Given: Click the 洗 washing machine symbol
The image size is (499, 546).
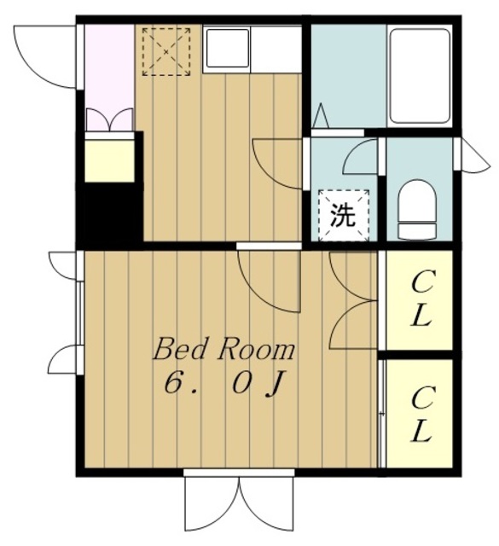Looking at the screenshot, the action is click(x=344, y=215).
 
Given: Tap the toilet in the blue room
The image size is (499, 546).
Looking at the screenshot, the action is click(x=417, y=210).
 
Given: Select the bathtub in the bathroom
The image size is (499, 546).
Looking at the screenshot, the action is click(x=419, y=76).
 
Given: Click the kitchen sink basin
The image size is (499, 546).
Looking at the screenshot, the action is click(x=228, y=49).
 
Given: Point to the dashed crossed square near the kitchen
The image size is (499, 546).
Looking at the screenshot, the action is click(x=166, y=51).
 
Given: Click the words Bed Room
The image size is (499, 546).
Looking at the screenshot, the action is click(x=223, y=350).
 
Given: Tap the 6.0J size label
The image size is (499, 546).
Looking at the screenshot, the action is click(x=224, y=383).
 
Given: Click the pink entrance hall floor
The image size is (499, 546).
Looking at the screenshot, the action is click(x=110, y=78).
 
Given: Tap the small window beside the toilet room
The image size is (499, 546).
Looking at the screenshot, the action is click(x=472, y=154).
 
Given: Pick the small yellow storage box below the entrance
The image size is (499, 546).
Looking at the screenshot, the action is click(x=110, y=160).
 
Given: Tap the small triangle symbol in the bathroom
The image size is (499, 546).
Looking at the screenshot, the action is click(x=321, y=115).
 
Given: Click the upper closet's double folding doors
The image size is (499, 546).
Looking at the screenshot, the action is click(x=353, y=299).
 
